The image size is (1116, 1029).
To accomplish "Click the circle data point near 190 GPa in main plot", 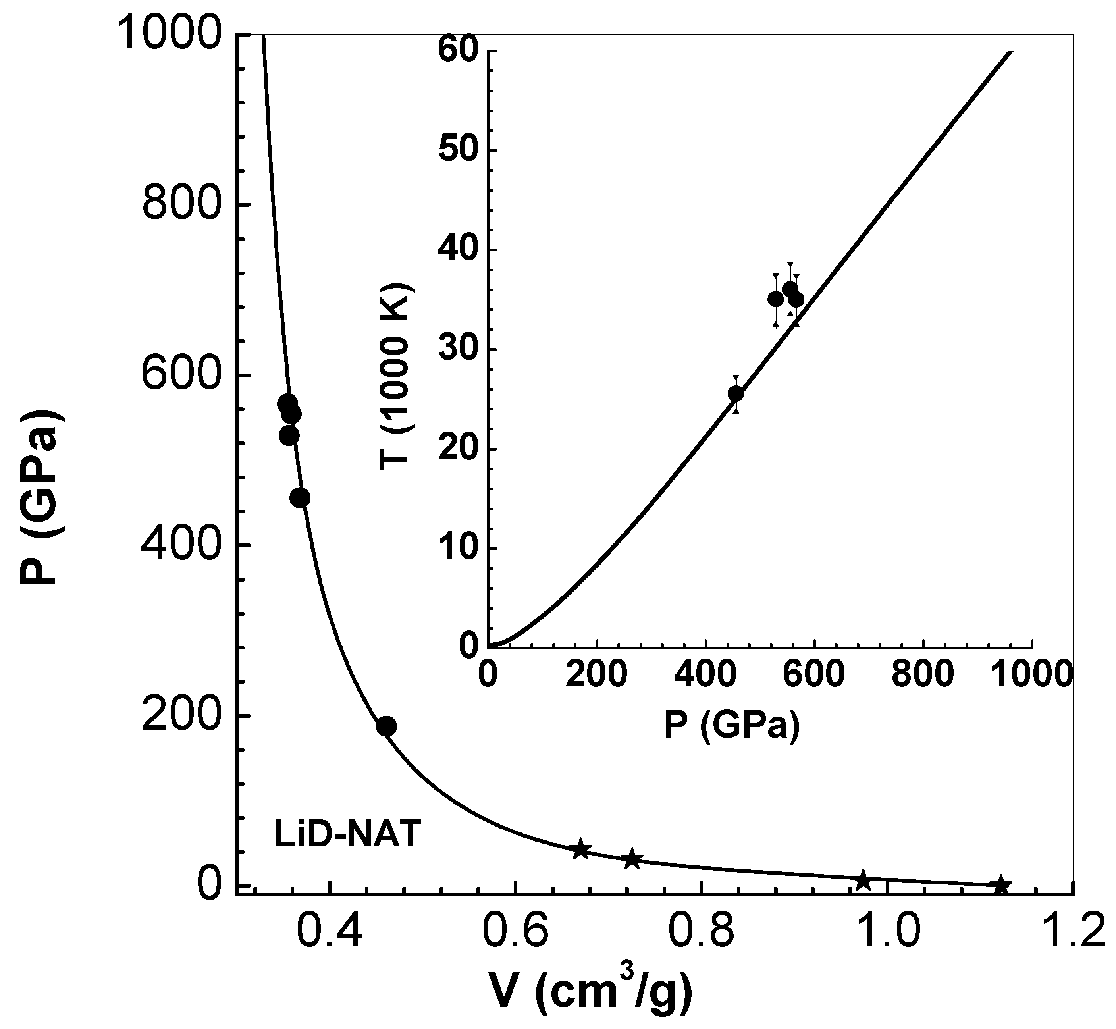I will click(386, 726).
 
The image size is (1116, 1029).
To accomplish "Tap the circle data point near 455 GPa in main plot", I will click(300, 498).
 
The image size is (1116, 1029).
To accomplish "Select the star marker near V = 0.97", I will click(863, 881).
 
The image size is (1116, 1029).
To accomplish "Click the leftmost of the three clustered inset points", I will click(776, 299).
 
